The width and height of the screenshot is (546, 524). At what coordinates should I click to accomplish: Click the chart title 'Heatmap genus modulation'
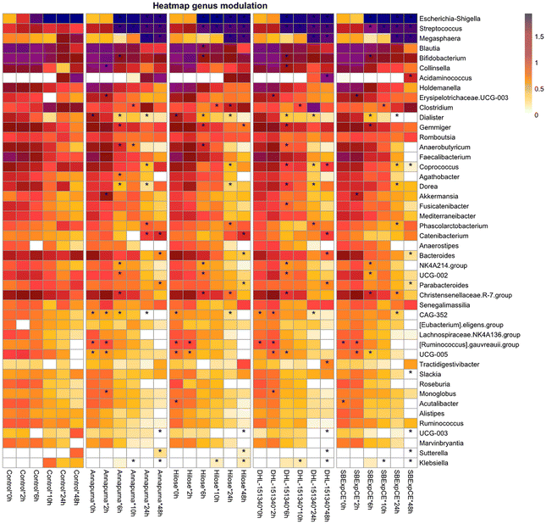[210, 6]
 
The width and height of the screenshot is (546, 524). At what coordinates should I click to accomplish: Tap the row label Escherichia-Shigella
[449, 19]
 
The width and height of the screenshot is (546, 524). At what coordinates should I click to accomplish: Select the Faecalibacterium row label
[444, 157]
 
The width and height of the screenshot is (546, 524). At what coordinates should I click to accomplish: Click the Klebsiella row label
[433, 463]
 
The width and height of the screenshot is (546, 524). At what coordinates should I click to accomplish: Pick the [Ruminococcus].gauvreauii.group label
[469, 345]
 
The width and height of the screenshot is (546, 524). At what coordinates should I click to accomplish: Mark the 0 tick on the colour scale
[537, 115]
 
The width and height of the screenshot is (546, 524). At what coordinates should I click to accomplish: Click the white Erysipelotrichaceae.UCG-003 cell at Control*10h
[50, 98]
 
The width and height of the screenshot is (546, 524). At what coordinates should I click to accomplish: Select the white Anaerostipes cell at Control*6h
[36, 246]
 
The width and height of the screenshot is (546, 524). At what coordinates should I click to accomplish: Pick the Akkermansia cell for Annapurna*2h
[106, 197]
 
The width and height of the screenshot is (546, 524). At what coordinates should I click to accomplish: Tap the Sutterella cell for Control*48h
[77, 453]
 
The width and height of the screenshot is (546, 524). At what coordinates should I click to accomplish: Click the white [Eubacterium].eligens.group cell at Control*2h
[23, 325]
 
